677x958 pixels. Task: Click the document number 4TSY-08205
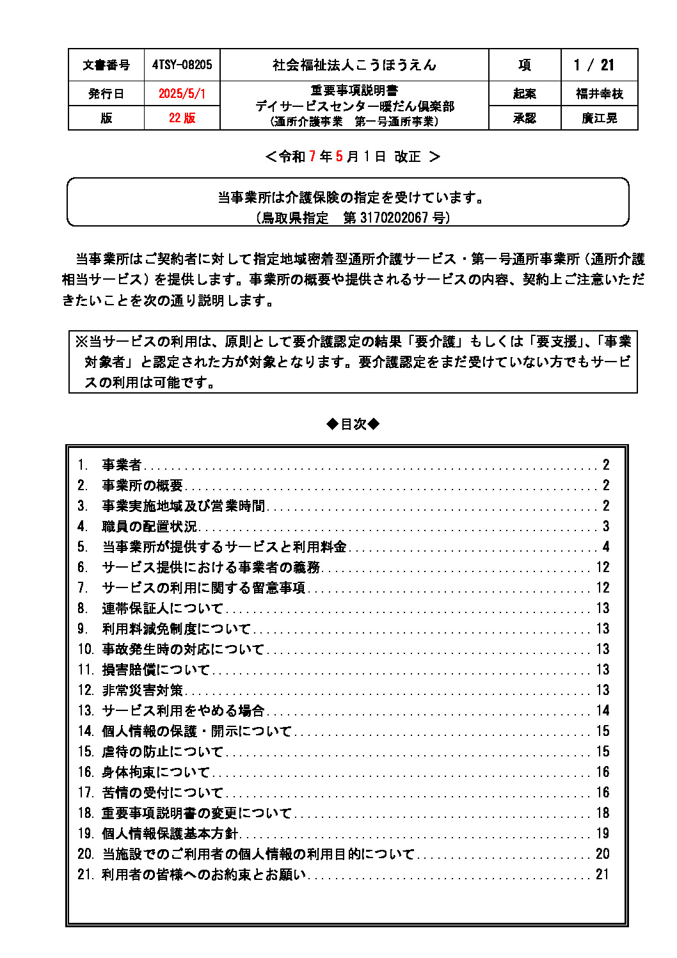182,65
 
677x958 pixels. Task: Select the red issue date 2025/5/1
182,93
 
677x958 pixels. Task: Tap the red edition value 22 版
182,118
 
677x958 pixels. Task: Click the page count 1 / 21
594,65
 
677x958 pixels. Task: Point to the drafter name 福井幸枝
600,93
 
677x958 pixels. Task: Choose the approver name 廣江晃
600,118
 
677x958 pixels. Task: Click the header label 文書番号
106,65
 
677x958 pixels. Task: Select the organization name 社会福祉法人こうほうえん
354,65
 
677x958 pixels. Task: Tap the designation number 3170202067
394,218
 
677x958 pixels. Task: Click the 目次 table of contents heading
353,424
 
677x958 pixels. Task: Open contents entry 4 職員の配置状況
149,527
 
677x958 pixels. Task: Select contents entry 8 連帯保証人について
163,609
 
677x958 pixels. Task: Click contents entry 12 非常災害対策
142,691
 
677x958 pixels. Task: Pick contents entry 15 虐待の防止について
163,752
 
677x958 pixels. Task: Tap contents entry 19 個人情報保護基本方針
170,834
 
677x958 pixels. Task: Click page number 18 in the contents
603,813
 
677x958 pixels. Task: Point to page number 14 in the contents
603,711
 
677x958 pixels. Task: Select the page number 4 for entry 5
606,547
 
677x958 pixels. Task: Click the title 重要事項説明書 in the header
354,90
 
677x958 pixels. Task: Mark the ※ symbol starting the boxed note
81,342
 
